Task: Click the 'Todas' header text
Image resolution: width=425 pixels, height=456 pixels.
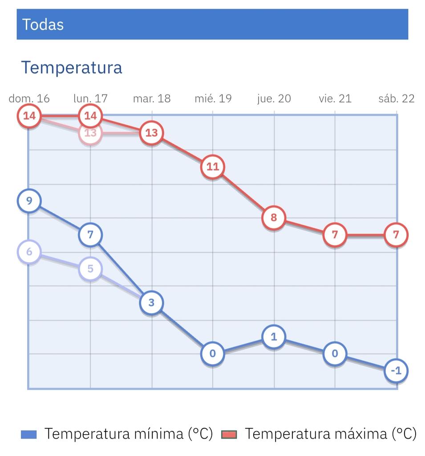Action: coord(43,24)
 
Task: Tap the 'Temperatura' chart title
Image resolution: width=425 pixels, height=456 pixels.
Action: coord(72,68)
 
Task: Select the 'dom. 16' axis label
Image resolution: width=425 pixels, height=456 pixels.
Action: coord(29,98)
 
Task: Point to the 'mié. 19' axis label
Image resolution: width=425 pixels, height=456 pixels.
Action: coord(213,98)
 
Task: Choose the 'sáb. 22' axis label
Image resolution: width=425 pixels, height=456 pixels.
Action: coord(396,98)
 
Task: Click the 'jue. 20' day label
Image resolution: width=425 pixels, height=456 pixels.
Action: coord(274,98)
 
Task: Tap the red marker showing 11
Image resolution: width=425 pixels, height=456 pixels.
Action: coord(213,167)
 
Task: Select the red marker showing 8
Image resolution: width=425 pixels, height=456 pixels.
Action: coord(274,218)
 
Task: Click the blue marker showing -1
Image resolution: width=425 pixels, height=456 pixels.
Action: coord(396,370)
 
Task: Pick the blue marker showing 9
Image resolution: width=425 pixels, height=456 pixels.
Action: coord(29,201)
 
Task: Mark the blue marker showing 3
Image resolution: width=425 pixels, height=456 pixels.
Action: coord(152,303)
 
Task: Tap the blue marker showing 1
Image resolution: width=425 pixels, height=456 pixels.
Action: coord(274,337)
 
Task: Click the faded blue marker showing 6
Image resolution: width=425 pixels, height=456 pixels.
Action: coord(29,252)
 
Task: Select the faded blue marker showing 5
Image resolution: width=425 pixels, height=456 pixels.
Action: coord(90,269)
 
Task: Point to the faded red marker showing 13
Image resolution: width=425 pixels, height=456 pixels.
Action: coord(90,133)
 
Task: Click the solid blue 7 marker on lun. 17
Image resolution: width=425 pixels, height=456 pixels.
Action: coord(90,235)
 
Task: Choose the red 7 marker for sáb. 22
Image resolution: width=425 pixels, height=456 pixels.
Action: coord(396,235)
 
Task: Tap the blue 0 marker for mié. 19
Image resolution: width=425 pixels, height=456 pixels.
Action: coord(213,354)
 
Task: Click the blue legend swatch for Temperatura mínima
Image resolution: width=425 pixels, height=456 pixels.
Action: coord(29,434)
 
